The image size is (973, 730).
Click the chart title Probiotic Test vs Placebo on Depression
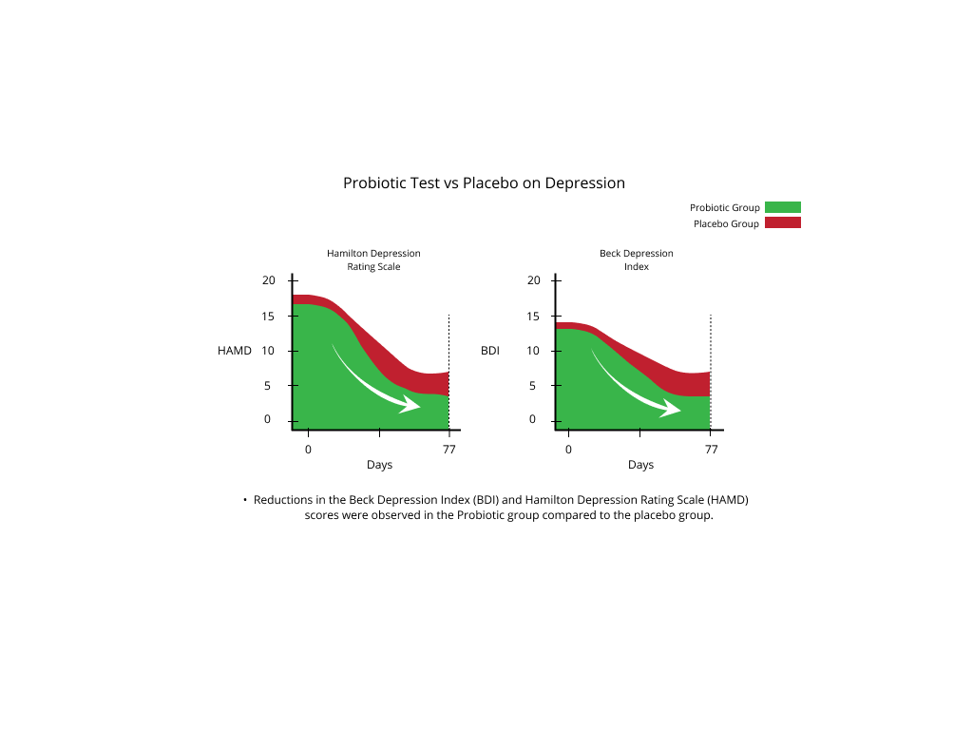484,182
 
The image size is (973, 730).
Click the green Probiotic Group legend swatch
782,207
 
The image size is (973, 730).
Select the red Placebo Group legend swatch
782,222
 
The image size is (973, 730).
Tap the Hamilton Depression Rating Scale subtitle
373,260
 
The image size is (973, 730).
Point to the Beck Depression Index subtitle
636,260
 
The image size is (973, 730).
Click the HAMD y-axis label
235,351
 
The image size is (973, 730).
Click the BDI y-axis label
490,351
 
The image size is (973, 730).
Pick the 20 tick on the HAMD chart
268,280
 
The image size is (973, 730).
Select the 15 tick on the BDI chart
533,316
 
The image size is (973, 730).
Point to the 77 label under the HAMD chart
448,448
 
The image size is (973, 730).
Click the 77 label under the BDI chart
711,448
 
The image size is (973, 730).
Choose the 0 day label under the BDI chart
568,448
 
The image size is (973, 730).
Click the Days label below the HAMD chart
379,465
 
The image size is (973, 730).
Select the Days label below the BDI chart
640,465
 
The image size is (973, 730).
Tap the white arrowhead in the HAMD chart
410,404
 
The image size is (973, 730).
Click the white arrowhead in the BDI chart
671,408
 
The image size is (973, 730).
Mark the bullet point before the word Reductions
245,500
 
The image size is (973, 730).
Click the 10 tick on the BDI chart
533,351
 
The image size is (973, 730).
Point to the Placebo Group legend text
726,224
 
